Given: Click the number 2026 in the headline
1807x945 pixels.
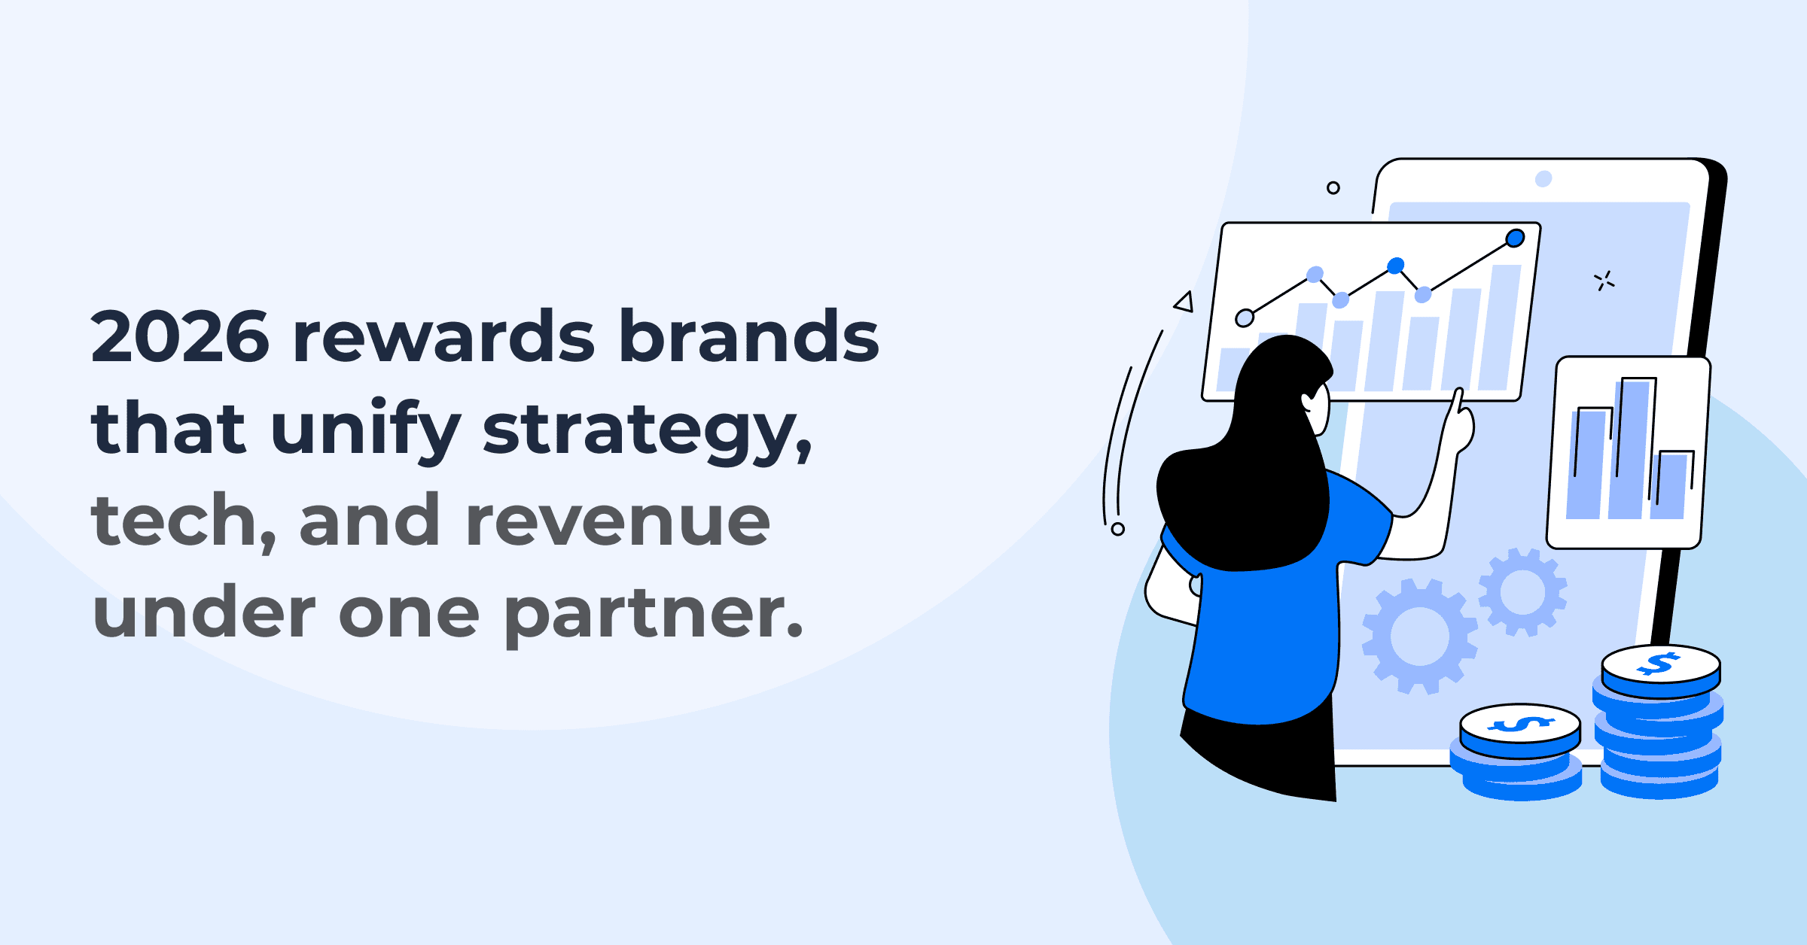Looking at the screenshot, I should (179, 337).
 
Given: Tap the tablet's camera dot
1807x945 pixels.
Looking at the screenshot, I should (1543, 178).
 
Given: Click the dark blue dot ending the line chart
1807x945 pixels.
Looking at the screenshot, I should (1515, 239).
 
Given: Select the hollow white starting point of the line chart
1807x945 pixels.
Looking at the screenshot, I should (1245, 318).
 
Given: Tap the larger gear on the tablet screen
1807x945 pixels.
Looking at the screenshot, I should (1419, 637).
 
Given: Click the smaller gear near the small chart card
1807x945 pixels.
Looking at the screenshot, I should (1522, 592).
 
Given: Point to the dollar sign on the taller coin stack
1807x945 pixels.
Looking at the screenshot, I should (1660, 664).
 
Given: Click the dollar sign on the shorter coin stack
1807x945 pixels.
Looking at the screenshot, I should (1520, 725).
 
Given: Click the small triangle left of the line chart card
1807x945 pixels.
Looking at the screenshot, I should (1184, 302).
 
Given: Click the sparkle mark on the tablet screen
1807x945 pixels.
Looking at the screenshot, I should (1604, 281).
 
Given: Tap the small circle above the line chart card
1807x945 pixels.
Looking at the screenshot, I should (1333, 187).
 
